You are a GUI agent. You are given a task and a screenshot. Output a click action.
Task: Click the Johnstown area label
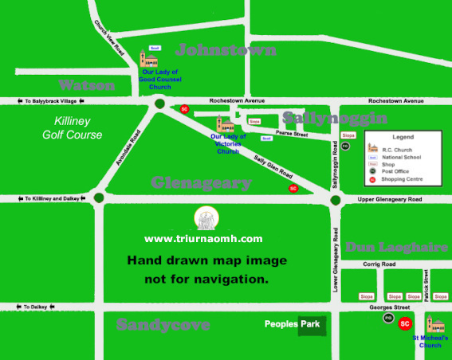point(226,50)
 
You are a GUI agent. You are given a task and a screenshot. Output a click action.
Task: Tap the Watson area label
point(87,84)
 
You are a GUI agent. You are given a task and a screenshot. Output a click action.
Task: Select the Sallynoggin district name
point(335,118)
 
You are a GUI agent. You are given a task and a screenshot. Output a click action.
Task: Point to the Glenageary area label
point(201,182)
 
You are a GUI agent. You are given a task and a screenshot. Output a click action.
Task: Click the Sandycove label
point(163,325)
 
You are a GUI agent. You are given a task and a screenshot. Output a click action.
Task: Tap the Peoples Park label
point(295,324)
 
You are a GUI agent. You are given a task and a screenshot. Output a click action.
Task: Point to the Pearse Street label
point(291,134)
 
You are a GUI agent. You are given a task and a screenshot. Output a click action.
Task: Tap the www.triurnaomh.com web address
point(203,238)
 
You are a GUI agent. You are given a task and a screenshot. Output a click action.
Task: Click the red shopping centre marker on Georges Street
point(405,323)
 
